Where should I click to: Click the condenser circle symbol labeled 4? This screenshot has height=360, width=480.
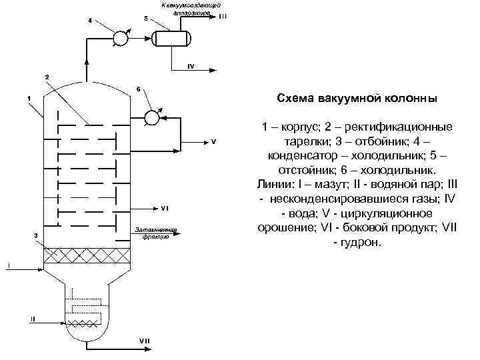[x=121, y=39]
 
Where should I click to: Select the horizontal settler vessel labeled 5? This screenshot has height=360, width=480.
[x=171, y=38]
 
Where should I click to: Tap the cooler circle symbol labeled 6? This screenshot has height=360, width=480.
[x=151, y=117]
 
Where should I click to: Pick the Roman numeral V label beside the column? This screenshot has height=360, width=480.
[x=213, y=141]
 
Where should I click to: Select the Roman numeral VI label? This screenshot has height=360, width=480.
[x=164, y=208]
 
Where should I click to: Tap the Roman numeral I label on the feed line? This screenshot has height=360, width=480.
[x=9, y=265]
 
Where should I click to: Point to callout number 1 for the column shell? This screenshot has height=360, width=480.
[x=29, y=99]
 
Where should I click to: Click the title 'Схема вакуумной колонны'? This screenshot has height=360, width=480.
[x=357, y=98]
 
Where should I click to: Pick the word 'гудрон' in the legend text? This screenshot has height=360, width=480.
[x=363, y=243]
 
